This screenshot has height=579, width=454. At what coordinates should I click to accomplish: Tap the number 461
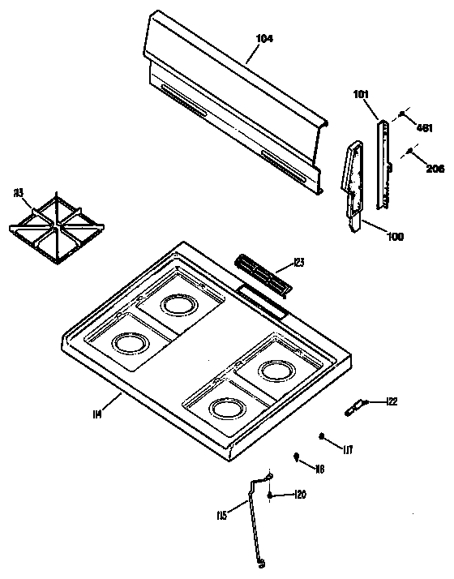425,127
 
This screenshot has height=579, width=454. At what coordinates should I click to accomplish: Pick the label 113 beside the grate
19,193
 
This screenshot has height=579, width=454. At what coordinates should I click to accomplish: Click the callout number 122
392,401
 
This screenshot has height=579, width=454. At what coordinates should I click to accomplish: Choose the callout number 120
299,494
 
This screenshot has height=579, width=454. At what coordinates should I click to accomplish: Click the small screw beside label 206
412,152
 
